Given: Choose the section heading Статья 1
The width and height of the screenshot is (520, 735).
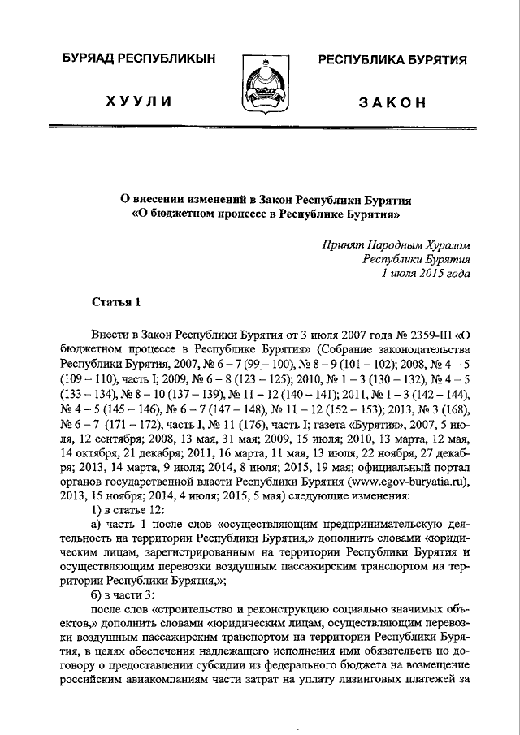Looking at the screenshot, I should coord(115,303).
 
